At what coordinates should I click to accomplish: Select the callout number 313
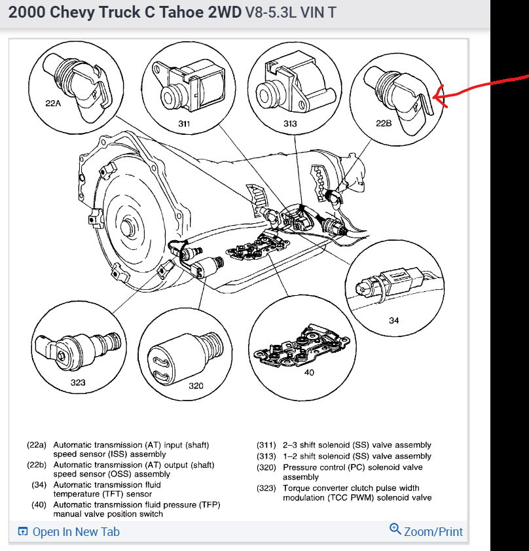[290, 123]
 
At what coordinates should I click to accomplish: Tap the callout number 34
[393, 321]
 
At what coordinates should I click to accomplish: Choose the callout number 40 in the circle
[309, 372]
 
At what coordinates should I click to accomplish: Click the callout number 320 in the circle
[196, 385]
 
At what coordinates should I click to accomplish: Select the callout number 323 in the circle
[78, 382]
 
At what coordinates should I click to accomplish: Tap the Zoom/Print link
[433, 531]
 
